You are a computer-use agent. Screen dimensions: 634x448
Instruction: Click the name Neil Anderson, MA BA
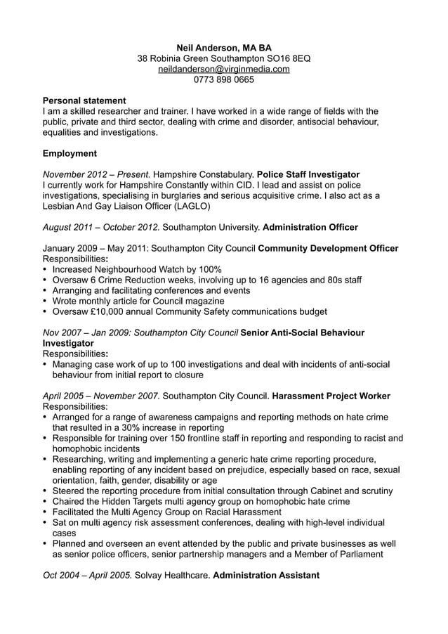coord(223,47)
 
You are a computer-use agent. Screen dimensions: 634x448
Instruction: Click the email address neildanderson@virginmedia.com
coord(223,69)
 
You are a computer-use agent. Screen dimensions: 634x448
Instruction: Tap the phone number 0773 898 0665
coord(223,79)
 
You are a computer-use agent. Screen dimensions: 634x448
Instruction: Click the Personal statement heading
coord(84,101)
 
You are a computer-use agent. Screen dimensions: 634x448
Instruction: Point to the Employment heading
coord(70,153)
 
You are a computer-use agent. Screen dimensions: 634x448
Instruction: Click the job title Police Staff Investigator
coord(308,174)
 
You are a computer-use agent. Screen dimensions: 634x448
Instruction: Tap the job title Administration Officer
coord(310,228)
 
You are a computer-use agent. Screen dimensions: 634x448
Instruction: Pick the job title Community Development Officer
coord(328,249)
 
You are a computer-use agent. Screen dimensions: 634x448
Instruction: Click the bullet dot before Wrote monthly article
coord(46,301)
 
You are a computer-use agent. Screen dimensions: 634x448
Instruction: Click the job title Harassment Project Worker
coord(331,396)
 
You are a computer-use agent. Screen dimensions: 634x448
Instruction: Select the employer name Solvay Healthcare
coord(173,575)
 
